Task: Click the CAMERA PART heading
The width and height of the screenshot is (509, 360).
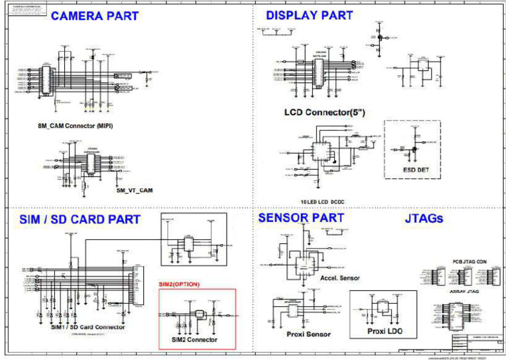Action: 95,16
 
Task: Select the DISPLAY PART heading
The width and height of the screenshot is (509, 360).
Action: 310,15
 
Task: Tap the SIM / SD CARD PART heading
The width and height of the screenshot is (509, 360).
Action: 75,219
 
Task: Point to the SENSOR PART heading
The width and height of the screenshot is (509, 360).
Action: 301,217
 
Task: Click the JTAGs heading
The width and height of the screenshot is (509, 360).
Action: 424,218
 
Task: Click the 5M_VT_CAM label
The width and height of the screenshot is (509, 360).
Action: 135,190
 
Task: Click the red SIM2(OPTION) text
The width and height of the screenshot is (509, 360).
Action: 179,284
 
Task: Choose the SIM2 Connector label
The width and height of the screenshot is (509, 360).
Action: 194,339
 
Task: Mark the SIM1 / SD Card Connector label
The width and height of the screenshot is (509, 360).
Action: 88,327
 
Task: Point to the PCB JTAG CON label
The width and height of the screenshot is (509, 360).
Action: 469,261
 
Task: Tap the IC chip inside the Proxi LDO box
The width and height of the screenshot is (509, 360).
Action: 383,307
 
